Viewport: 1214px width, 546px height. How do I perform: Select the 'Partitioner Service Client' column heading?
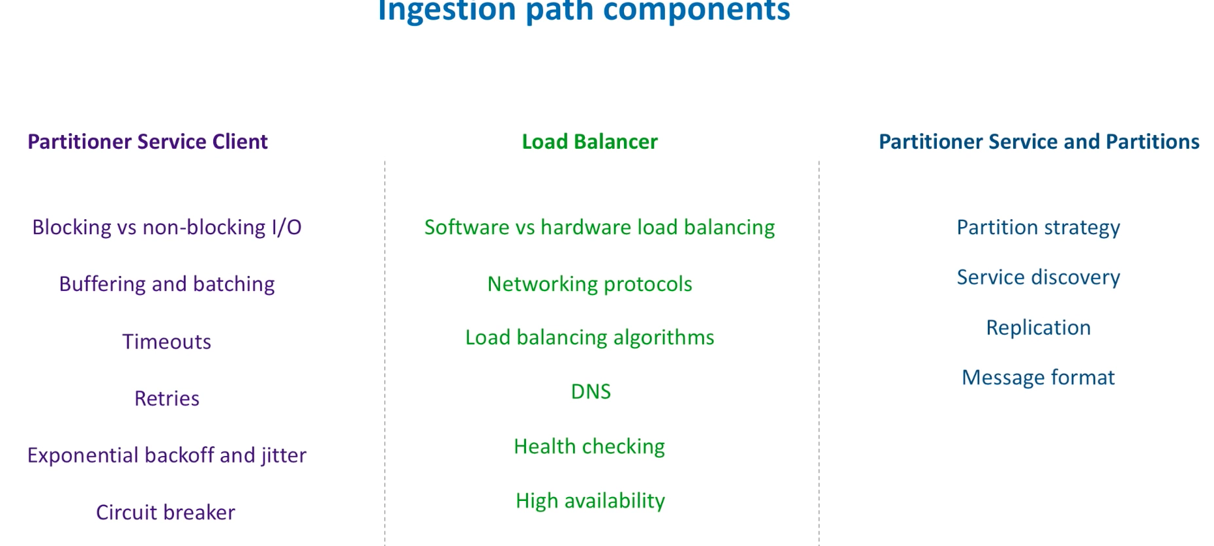pyautogui.click(x=147, y=142)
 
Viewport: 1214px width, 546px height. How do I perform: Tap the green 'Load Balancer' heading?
pyautogui.click(x=589, y=142)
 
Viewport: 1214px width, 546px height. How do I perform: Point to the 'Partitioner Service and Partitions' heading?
pyautogui.click(x=1039, y=142)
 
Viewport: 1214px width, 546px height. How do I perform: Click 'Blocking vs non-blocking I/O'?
pyautogui.click(x=167, y=227)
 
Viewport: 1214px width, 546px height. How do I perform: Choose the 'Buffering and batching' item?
pyautogui.click(x=167, y=284)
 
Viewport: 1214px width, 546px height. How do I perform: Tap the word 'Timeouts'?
pyautogui.click(x=167, y=342)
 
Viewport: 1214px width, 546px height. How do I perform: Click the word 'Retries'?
pyautogui.click(x=167, y=399)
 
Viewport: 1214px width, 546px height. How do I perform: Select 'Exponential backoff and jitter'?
pyautogui.click(x=167, y=455)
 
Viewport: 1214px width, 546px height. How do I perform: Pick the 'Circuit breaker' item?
pyautogui.click(x=166, y=513)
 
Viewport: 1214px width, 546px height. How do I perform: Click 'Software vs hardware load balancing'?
pyautogui.click(x=600, y=227)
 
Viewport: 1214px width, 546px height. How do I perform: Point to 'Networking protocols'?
pyautogui.click(x=590, y=284)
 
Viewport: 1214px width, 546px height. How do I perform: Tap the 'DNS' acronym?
pyautogui.click(x=591, y=391)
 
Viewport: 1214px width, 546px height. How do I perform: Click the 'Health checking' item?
pyautogui.click(x=589, y=447)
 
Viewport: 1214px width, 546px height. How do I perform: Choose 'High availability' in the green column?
pyautogui.click(x=591, y=501)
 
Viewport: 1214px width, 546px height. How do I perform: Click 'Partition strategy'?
pyautogui.click(x=1039, y=228)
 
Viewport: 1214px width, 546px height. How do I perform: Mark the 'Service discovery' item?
pyautogui.click(x=1039, y=277)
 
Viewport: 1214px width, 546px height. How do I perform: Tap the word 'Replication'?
pyautogui.click(x=1039, y=327)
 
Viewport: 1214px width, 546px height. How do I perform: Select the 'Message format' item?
pyautogui.click(x=1039, y=378)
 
